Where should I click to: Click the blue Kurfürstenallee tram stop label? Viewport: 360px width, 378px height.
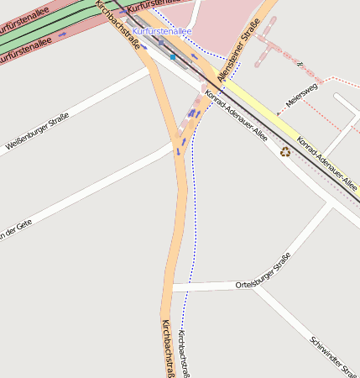point(161,31)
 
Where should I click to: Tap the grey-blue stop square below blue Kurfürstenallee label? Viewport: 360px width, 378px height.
point(161,41)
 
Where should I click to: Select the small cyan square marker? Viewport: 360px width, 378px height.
point(173,57)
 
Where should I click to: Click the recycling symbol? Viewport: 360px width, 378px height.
point(285,152)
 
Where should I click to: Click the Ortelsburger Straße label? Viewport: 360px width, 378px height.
point(263,270)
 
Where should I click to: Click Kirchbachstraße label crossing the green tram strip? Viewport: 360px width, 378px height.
point(117,24)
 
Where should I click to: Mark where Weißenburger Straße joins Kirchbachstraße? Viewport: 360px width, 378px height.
point(151,69)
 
